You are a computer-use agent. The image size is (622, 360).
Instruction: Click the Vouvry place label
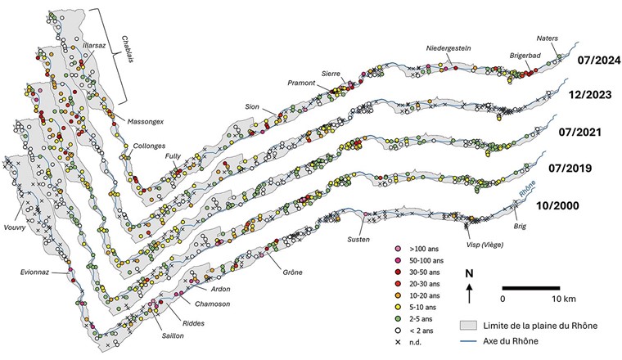pos(18,227)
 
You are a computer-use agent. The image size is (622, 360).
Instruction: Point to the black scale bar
pos(530,288)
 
